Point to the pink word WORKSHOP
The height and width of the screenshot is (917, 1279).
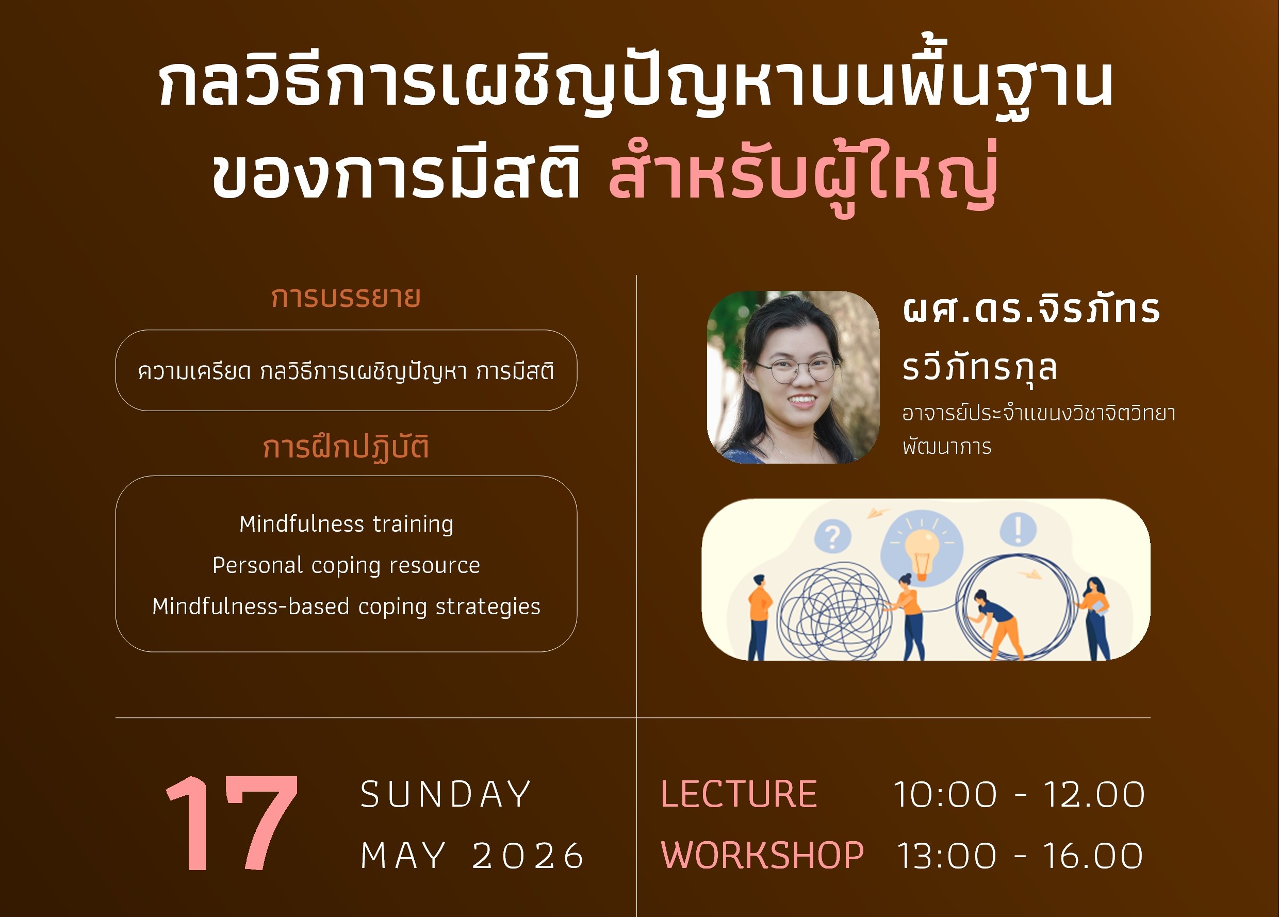pyautogui.click(x=762, y=855)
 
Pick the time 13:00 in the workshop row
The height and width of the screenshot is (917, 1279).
pyautogui.click(x=947, y=856)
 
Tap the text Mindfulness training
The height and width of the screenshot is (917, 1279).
pyautogui.click(x=346, y=525)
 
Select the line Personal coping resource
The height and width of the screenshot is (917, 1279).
pyautogui.click(x=346, y=565)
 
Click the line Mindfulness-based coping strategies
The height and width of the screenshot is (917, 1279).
pyautogui.click(x=346, y=607)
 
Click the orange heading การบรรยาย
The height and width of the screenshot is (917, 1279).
pyautogui.click(x=346, y=297)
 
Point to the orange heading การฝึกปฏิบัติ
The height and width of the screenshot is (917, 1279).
pyautogui.click(x=346, y=447)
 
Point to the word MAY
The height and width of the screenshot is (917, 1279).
pyautogui.click(x=403, y=856)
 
